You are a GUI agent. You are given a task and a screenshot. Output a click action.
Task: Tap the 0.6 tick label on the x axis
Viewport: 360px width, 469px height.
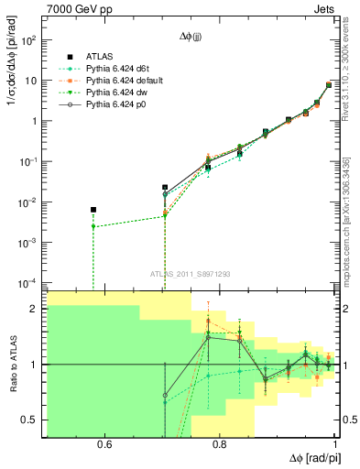point(104,444)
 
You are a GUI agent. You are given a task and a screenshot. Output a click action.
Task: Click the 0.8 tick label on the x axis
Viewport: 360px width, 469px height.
point(221,444)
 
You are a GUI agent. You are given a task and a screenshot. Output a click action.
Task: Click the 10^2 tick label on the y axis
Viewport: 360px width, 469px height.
point(29,40)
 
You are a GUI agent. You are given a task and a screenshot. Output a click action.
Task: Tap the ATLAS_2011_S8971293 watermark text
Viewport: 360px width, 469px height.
point(191,274)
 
